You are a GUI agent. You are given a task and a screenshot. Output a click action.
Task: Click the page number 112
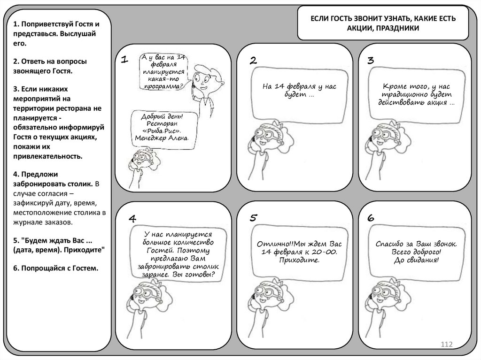coord(446,345)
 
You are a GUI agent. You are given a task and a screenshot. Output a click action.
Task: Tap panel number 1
coord(124,60)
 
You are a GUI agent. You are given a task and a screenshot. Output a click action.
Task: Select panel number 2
coord(253,60)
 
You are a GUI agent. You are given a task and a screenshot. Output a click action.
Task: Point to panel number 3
coord(370,60)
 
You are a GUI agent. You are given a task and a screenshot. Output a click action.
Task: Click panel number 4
coord(132,219)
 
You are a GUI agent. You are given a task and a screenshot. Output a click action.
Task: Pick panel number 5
coord(253,217)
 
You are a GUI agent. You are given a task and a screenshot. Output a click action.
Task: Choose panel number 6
coord(370,218)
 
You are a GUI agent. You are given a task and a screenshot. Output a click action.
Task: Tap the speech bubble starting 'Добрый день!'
coord(162,127)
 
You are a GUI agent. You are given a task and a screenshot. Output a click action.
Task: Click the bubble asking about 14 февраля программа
coord(164,71)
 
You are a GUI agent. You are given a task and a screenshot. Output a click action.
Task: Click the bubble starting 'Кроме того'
coord(416,94)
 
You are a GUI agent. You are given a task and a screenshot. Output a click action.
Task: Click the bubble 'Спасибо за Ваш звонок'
coord(416,252)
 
